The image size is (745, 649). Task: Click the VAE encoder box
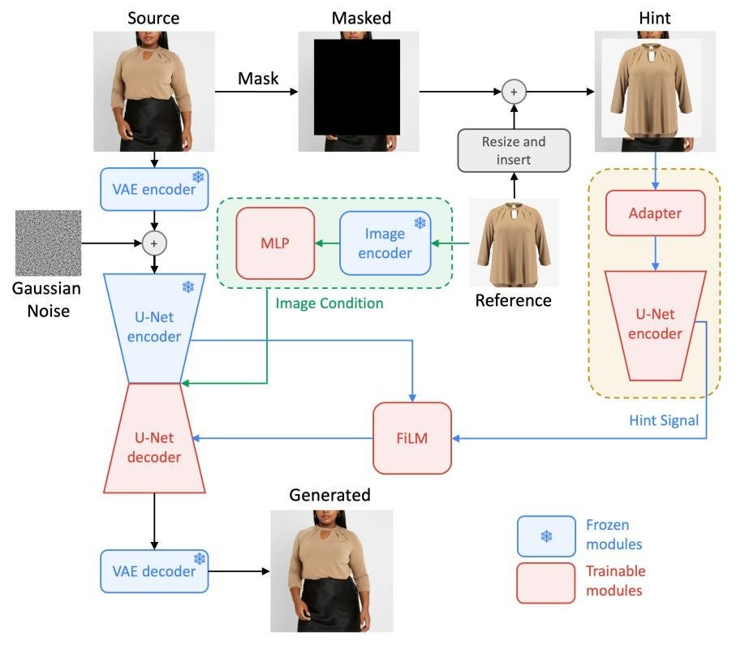(154, 189)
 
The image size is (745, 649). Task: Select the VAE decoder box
(154, 571)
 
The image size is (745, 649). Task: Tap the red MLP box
(275, 242)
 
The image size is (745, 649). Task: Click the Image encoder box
(385, 242)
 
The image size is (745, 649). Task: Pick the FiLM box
(411, 438)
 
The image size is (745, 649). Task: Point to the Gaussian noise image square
(48, 243)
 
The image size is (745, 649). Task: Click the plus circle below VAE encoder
(154, 242)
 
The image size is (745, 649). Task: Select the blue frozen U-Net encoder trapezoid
(154, 324)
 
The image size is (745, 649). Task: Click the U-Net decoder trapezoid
(154, 438)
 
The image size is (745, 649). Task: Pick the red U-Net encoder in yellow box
(654, 324)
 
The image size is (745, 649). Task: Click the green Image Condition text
(329, 303)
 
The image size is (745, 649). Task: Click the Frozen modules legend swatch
(545, 535)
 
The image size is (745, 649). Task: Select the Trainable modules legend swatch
(545, 582)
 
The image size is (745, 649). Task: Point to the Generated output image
(331, 570)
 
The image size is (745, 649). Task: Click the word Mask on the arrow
(258, 79)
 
